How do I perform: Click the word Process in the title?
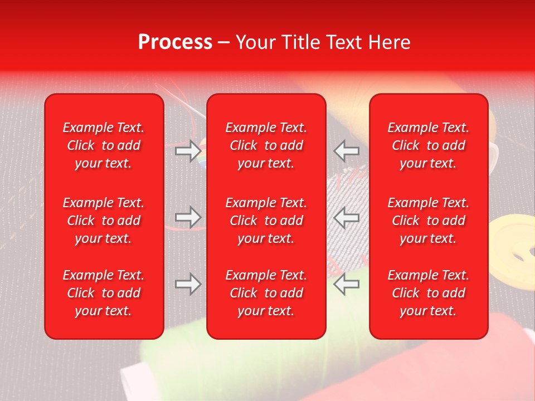(175, 42)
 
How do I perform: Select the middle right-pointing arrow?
(188, 217)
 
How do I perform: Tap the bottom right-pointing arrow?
(188, 284)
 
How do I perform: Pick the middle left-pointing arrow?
(347, 217)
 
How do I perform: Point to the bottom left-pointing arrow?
(347, 284)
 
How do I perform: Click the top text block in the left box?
(104, 145)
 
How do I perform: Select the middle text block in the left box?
(104, 221)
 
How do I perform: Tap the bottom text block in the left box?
(104, 293)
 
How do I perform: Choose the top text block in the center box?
(266, 145)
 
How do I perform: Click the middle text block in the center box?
(266, 221)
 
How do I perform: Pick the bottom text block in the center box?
(266, 293)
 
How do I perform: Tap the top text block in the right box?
(429, 145)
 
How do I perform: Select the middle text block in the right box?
(429, 221)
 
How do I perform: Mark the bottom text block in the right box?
(429, 293)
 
